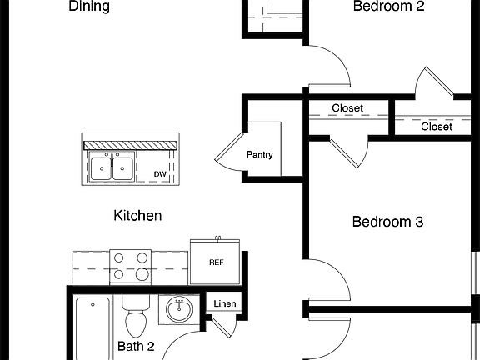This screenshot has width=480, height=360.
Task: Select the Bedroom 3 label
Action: (387, 222)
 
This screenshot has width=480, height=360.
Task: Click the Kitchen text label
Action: (137, 216)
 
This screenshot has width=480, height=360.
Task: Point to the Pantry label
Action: (260, 154)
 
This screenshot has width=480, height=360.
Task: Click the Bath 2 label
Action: (136, 346)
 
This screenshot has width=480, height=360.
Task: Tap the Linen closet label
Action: (225, 304)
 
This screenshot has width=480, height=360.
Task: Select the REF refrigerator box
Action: (216, 262)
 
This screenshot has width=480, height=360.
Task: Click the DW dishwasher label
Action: (160, 174)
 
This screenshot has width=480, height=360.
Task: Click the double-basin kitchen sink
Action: (112, 168)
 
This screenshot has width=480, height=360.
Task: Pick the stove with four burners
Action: (131, 267)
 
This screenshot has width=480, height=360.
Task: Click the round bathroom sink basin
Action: (180, 311)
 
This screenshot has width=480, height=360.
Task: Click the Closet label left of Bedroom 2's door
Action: (347, 108)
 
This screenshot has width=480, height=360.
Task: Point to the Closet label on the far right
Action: (437, 127)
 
